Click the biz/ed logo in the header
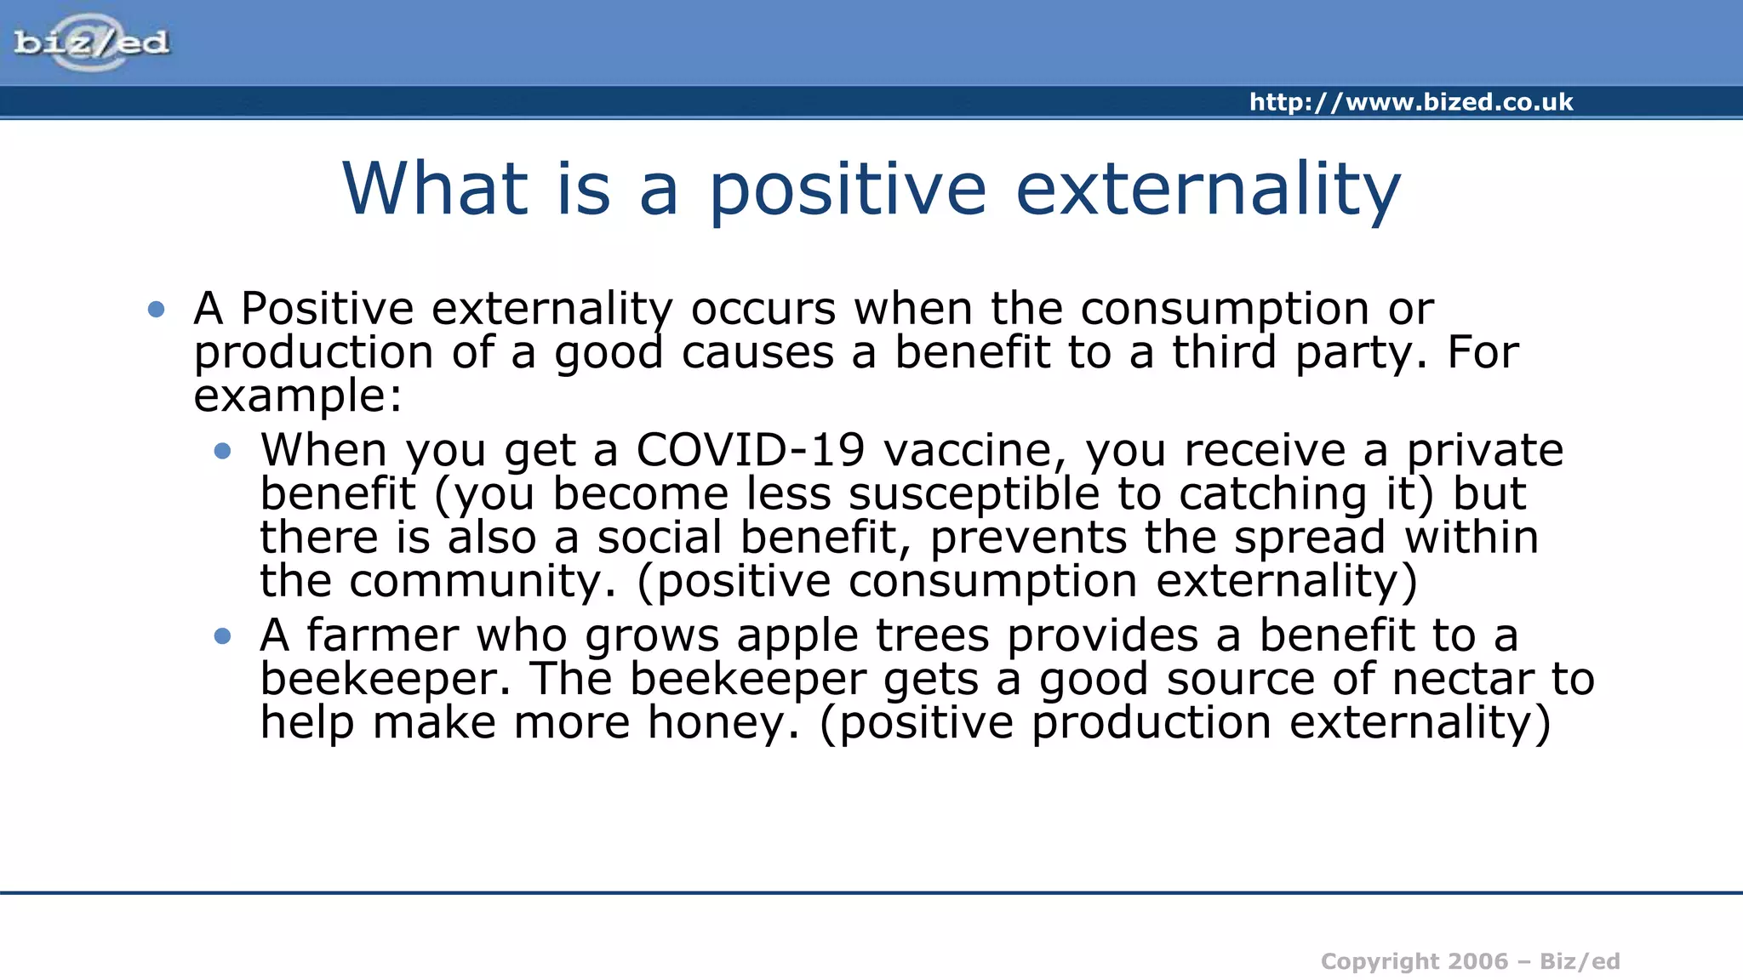click(91, 43)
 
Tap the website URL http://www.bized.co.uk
click(1410, 102)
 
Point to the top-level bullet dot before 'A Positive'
click(156, 310)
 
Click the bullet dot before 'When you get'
click(223, 452)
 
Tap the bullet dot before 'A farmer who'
click(223, 636)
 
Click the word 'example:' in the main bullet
click(298, 396)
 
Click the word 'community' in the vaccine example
click(482, 582)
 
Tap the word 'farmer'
click(381, 636)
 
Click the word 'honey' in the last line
click(723, 724)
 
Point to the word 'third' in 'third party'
click(1224, 352)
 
